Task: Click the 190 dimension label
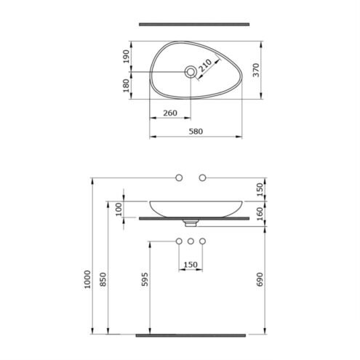tap(126, 56)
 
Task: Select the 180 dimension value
tap(126, 85)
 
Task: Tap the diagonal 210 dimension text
tap(205, 65)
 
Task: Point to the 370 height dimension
tap(256, 70)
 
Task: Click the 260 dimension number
tap(170, 113)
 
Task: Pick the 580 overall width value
tap(196, 132)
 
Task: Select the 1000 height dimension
tap(87, 279)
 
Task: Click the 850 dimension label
tap(103, 279)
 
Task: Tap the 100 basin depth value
tap(119, 209)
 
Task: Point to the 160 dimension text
tap(260, 214)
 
